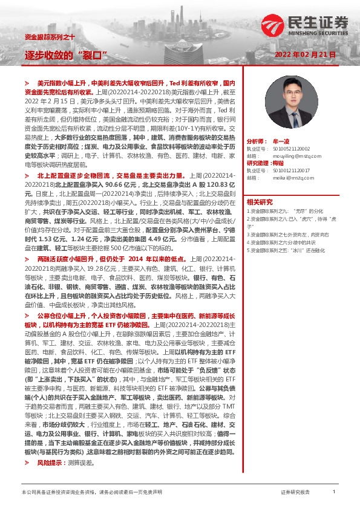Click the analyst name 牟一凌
(x=280, y=140)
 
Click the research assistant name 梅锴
(x=278, y=163)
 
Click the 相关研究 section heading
(x=260, y=202)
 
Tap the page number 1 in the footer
(x=334, y=492)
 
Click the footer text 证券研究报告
(x=295, y=493)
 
